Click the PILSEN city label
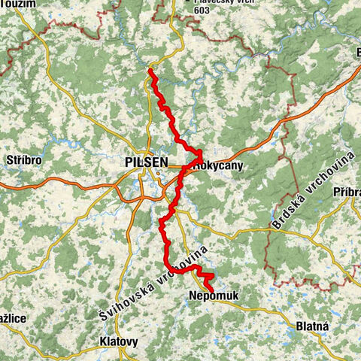(142, 162)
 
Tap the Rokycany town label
(218, 165)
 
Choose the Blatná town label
(309, 326)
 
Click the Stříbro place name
(23, 161)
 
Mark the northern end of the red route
(150, 71)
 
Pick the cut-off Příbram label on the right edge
(347, 192)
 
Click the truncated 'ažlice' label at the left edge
(13, 319)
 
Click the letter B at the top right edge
(357, 52)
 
